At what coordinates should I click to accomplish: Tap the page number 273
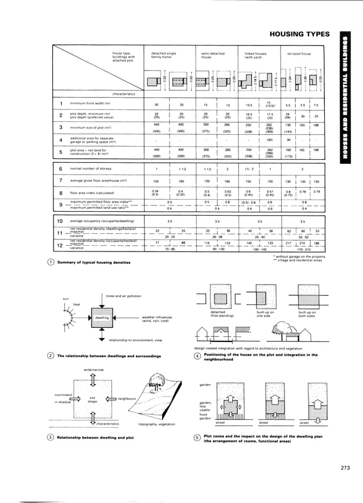(x=345, y=468)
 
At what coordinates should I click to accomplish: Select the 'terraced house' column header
(x=298, y=53)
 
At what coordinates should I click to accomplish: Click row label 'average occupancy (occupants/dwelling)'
(x=102, y=221)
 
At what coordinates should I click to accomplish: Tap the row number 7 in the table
(x=60, y=180)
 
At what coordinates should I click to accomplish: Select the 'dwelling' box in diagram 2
(x=102, y=318)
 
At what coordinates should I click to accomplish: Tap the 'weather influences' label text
(x=158, y=319)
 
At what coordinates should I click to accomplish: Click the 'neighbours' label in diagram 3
(x=125, y=399)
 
